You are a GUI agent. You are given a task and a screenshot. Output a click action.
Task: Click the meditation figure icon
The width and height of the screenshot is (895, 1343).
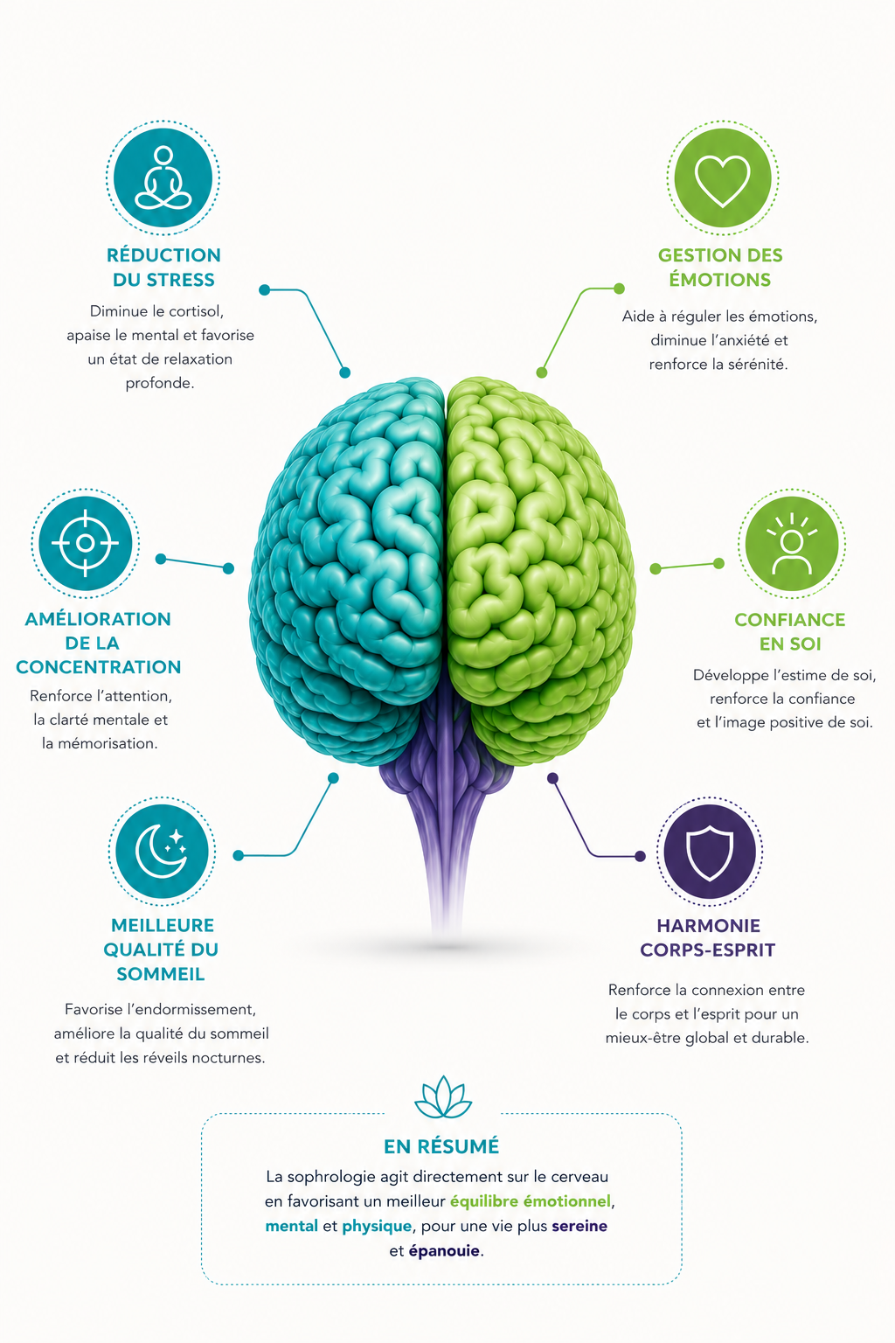click(163, 177)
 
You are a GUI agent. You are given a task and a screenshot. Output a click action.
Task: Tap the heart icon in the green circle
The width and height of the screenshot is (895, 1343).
click(722, 180)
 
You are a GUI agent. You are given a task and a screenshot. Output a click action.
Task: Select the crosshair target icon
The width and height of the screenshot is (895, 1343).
click(85, 543)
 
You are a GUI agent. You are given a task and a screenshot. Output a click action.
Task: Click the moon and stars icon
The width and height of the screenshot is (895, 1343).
click(162, 851)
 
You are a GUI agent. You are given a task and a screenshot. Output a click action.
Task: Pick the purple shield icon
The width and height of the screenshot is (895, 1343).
click(710, 852)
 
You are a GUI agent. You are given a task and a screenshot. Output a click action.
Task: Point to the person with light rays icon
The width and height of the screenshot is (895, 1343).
click(791, 544)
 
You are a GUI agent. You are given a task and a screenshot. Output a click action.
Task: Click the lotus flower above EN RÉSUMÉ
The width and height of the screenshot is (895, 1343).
click(443, 1097)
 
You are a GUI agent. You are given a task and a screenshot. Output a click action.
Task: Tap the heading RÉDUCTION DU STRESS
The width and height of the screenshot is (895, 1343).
click(163, 268)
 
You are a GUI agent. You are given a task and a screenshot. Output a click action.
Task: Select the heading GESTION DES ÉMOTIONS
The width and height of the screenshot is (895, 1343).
click(720, 268)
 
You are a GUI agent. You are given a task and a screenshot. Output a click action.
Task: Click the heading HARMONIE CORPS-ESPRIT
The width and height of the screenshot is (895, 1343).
click(708, 937)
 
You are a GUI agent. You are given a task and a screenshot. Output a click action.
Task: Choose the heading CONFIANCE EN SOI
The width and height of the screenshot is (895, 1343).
click(790, 631)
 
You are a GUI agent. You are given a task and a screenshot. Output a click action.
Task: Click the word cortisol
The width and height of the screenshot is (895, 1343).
click(196, 311)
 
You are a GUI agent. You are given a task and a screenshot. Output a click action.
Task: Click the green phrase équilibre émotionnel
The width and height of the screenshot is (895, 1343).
click(531, 1201)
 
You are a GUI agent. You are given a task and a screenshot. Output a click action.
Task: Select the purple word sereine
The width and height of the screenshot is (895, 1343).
click(579, 1226)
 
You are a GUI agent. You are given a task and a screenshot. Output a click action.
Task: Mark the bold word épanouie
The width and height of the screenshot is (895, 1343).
click(444, 1251)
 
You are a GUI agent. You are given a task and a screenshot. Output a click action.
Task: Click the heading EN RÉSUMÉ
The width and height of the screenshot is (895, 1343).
click(441, 1146)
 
